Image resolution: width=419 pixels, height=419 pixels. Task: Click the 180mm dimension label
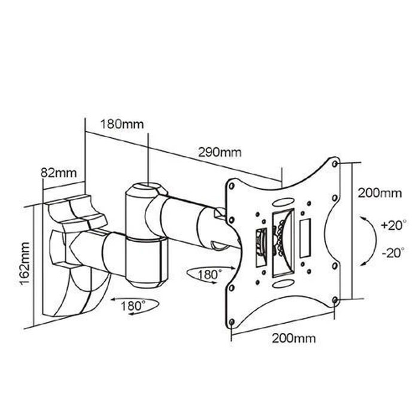point(122,125)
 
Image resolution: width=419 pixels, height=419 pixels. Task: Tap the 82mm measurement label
point(58,173)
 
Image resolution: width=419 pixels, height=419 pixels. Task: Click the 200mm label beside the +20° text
point(379,193)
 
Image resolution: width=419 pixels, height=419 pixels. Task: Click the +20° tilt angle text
point(392,226)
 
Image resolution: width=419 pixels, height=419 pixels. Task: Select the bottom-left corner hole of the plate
point(232,323)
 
